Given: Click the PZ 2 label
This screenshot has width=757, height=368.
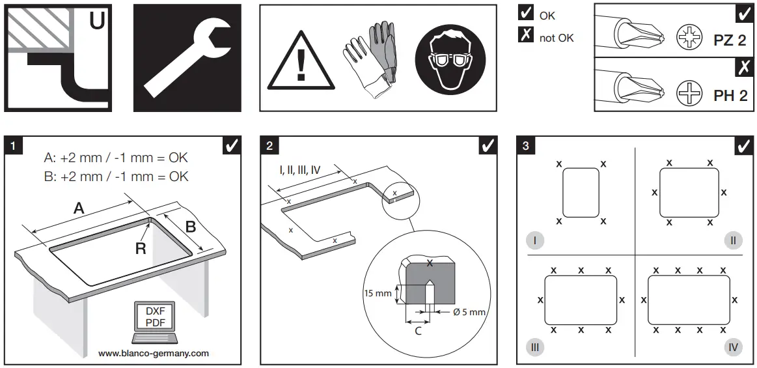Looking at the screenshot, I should tap(730, 40).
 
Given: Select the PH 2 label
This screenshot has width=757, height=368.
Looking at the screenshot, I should tap(730, 96).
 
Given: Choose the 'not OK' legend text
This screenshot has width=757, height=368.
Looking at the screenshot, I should tap(557, 38).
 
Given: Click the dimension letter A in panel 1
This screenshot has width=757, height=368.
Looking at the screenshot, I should tap(79, 208).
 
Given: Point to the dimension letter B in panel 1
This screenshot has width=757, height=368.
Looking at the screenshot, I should tap(191, 227).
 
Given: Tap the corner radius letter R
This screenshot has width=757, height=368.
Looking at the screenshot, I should tap(141, 248).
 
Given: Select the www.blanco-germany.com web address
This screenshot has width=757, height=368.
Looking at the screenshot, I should tap(154, 354).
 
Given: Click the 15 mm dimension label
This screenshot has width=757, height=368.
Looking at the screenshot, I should tap(378, 293).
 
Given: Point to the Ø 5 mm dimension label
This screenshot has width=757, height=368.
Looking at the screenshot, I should tap(469, 313).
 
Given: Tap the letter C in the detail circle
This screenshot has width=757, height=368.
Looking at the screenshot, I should tap(418, 330).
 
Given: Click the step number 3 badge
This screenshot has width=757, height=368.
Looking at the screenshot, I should tap(526, 145).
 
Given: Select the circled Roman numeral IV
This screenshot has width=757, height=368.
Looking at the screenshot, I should tap(733, 347).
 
